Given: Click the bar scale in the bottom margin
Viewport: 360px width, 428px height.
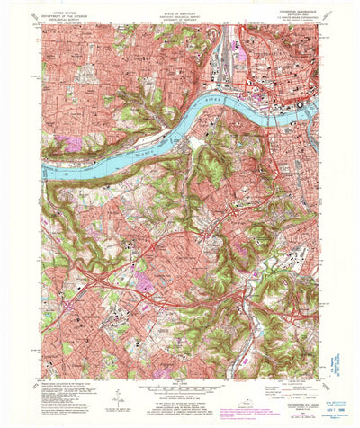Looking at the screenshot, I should tap(180, 394).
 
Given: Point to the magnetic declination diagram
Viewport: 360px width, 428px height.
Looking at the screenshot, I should tap(117, 396).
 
